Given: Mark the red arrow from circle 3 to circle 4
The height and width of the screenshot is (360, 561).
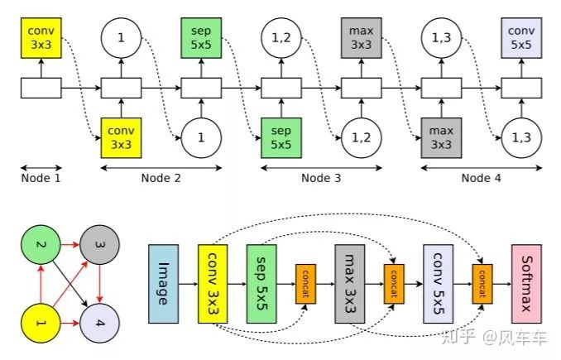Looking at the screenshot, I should pyautogui.click(x=100, y=283).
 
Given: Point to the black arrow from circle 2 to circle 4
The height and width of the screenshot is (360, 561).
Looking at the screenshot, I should pyautogui.click(x=69, y=283).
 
